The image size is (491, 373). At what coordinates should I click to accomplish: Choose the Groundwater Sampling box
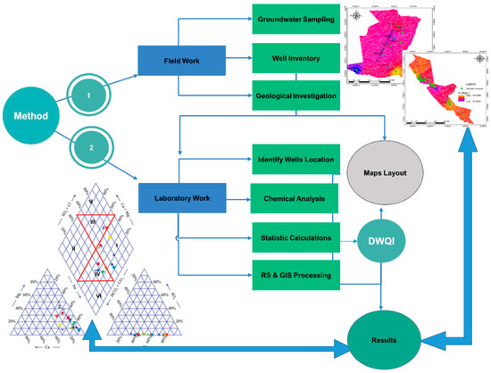pos(294,17)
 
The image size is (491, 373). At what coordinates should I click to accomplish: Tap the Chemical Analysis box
pos(294,174)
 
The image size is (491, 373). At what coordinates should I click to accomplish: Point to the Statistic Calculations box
pos(294,212)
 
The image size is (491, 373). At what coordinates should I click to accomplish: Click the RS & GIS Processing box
pos(294,252)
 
